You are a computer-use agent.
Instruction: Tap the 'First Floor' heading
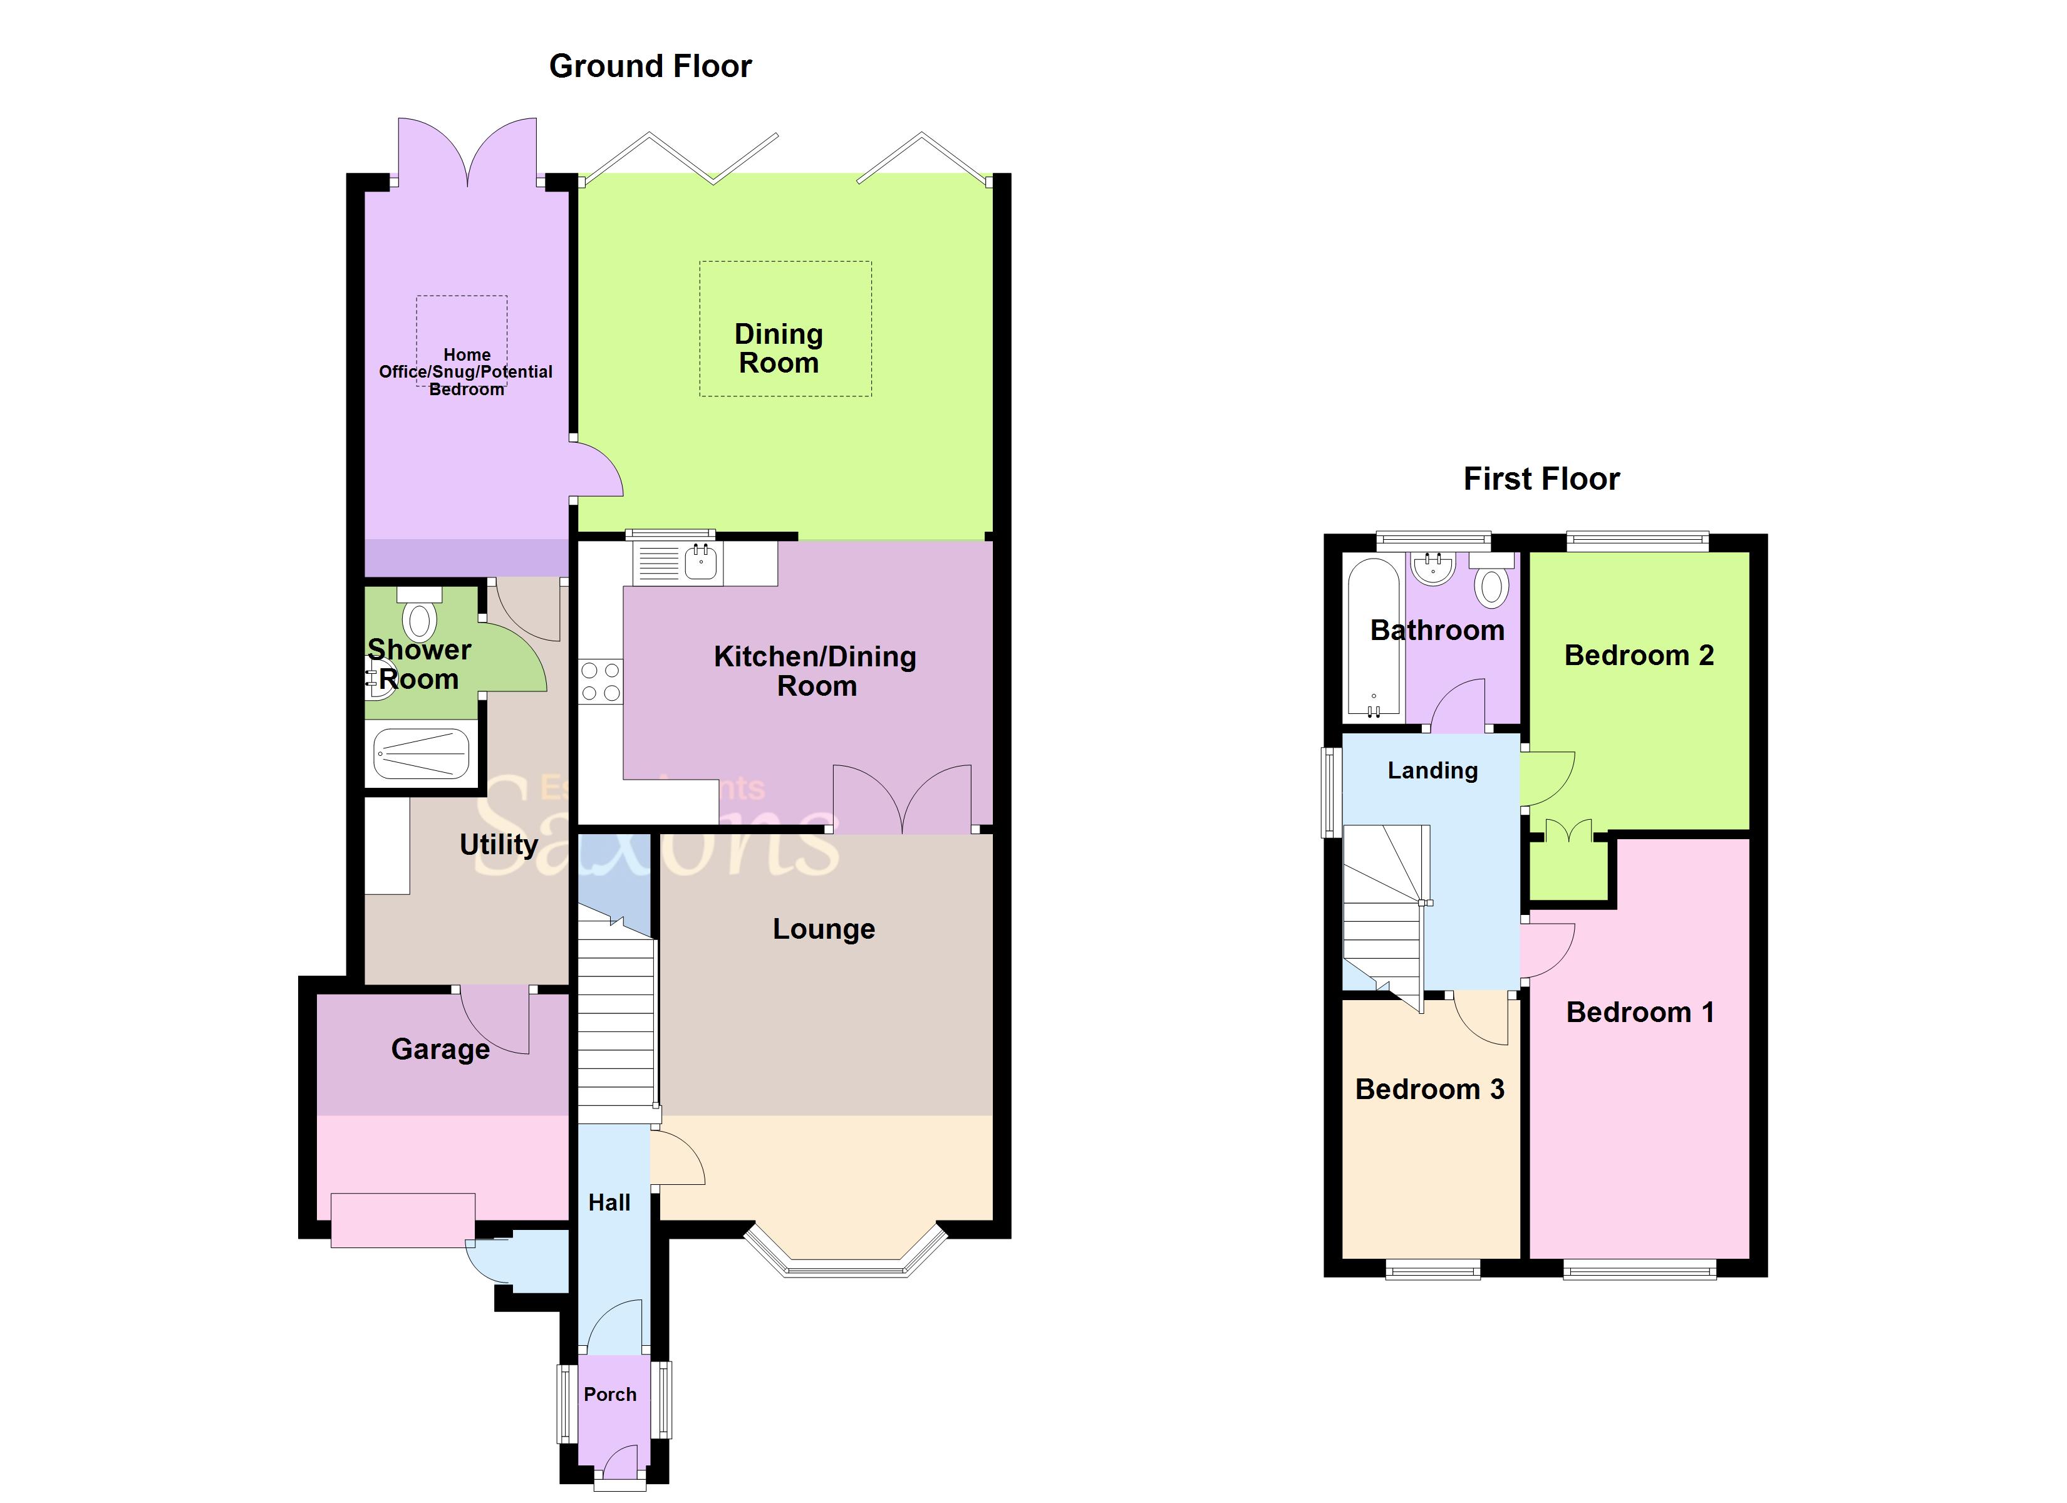coord(1541,480)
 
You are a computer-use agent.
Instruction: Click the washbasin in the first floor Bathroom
coord(1432,569)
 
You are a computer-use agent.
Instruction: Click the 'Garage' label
coord(440,1049)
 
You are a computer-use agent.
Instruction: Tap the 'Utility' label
coord(499,845)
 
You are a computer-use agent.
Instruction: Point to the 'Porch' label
coord(609,1395)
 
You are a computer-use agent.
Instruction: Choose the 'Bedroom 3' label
coord(1429,1089)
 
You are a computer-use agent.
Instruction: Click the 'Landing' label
coord(1432,771)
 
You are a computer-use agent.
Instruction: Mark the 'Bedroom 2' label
coord(1639,655)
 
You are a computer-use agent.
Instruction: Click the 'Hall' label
coord(609,1203)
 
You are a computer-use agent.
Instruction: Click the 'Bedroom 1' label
coord(1640,1013)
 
